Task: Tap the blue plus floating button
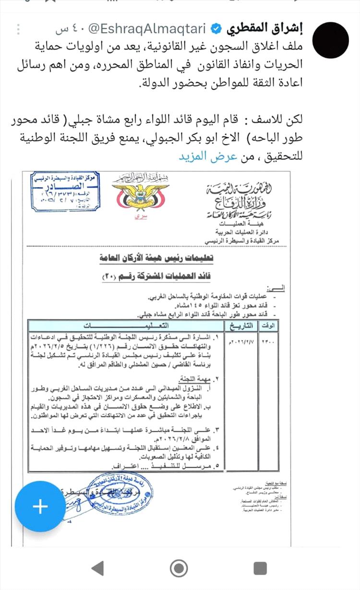tap(40, 507)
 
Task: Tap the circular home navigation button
tap(179, 568)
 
